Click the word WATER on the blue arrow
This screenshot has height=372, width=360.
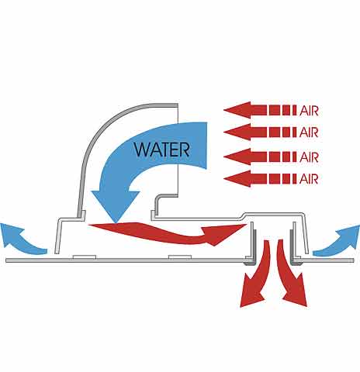[162, 150]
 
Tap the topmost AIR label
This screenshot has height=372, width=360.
[309, 111]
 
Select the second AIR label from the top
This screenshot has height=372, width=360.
[309, 133]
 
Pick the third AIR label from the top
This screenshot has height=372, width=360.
[309, 157]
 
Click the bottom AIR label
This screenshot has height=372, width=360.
[309, 179]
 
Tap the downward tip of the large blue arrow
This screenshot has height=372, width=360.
[116, 222]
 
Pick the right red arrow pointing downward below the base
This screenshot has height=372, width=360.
[291, 274]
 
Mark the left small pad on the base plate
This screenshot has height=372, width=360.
[85, 257]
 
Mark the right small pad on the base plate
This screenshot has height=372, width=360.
[180, 257]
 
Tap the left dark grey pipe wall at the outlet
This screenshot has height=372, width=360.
[254, 248]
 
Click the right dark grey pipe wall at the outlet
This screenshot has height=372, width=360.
[292, 248]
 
